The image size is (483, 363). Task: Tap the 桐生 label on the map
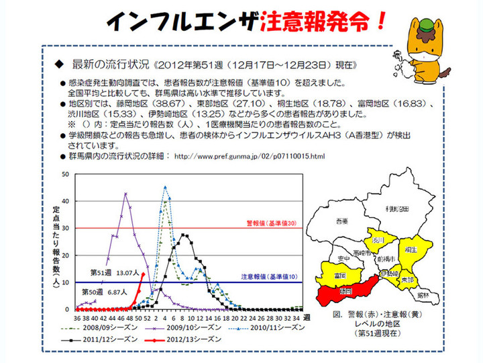pyautogui.click(x=411, y=249)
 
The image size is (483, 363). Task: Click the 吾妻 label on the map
pyautogui.click(x=343, y=220)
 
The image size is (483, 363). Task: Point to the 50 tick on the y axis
pyautogui.click(x=64, y=174)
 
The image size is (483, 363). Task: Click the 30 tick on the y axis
pyautogui.click(x=64, y=228)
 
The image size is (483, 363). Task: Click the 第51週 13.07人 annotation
pyautogui.click(x=115, y=273)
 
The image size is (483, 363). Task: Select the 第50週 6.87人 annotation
pyautogui.click(x=105, y=292)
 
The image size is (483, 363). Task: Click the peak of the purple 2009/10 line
pyautogui.click(x=125, y=194)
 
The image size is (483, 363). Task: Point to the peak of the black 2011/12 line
pyautogui.click(x=184, y=235)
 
